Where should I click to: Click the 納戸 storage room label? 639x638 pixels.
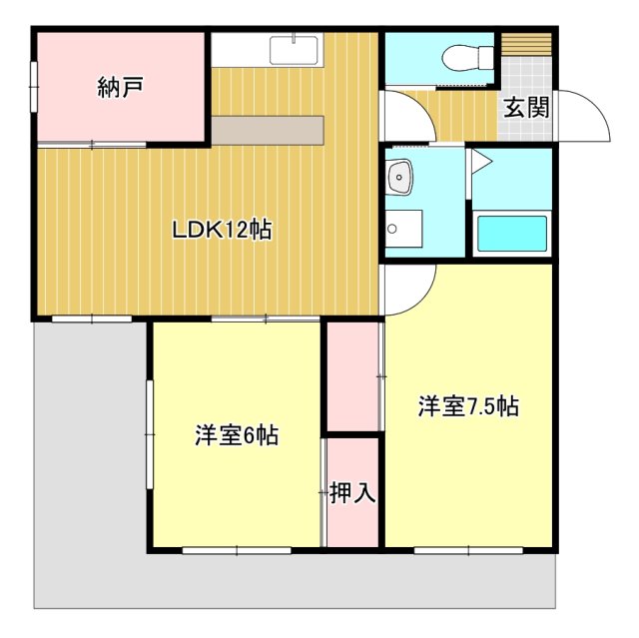coord(120,87)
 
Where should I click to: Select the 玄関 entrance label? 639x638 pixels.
coord(525,107)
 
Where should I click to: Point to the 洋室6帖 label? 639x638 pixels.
coord(236,435)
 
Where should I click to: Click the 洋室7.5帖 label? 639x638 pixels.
coord(467,406)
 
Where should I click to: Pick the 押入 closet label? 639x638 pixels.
coord(352,492)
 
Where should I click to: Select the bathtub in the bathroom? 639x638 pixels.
coord(513,235)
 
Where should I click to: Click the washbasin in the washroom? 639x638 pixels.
coord(401,177)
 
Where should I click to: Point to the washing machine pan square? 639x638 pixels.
coord(403,229)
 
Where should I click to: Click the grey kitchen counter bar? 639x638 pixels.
coord(267,131)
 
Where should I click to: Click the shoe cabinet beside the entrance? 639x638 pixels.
coord(525,46)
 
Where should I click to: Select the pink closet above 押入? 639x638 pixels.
coord(353,376)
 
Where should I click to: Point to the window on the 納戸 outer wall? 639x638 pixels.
coord(35,87)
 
